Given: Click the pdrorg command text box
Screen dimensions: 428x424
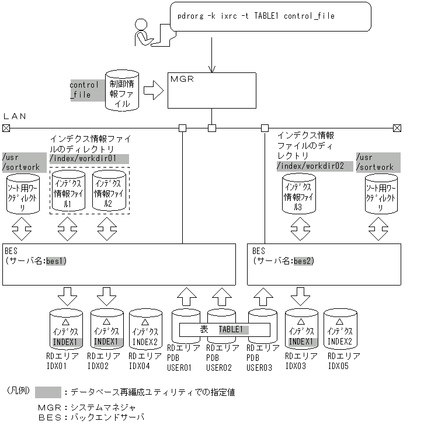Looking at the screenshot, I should (270, 16).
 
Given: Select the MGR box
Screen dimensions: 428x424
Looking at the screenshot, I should (211, 90).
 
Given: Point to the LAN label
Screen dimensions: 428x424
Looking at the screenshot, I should (15, 116).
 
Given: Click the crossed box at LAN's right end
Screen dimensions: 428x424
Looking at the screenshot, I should (397, 127).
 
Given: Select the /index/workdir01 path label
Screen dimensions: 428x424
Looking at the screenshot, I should (89, 158).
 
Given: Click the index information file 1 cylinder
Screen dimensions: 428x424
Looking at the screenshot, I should (68, 191).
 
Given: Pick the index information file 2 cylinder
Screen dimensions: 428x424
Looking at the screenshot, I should (109, 191).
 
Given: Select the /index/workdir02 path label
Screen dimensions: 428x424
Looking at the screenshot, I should (315, 166).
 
